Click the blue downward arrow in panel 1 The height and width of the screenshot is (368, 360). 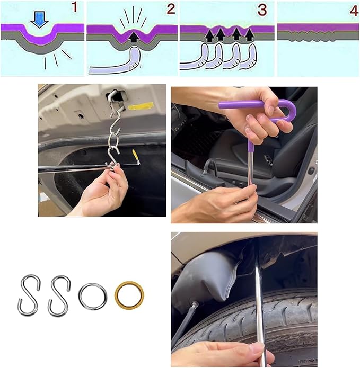click(39, 20)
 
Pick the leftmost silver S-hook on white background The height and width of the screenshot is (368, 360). click(29, 295)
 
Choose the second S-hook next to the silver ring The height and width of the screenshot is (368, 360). click(59, 295)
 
